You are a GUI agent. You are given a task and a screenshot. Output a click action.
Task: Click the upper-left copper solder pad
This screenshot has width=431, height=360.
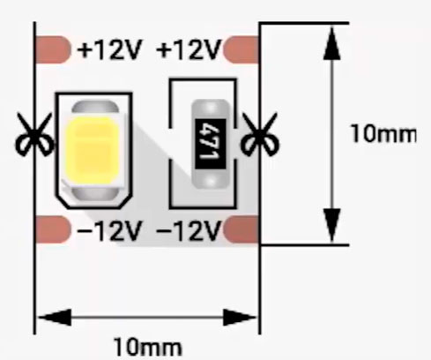click(53, 49)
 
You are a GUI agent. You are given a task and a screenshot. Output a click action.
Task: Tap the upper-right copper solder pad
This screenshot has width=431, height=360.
click(241, 49)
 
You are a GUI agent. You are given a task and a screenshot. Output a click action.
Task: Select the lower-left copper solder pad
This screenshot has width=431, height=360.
click(53, 229)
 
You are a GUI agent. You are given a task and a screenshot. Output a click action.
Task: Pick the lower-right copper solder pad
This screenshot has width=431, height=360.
click(241, 229)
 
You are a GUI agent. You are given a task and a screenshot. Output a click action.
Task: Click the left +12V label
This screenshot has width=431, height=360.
click(109, 50)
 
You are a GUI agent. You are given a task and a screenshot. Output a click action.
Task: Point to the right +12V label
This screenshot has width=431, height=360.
click(189, 50)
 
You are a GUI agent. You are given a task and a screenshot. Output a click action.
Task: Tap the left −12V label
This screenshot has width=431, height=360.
click(109, 230)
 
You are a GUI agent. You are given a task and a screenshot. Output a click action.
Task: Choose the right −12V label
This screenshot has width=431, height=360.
click(189, 230)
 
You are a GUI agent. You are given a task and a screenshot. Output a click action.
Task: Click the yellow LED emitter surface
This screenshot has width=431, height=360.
click(93, 148)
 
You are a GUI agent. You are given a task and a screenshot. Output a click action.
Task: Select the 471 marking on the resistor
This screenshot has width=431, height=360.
click(211, 144)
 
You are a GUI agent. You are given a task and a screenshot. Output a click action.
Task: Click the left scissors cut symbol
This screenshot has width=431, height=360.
click(34, 134)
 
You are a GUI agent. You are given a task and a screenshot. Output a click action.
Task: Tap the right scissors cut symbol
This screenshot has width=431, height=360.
click(260, 134)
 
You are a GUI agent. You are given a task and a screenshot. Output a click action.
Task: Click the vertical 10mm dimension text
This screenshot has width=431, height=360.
click(384, 134)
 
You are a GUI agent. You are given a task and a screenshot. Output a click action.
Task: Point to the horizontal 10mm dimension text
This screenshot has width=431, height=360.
click(148, 347)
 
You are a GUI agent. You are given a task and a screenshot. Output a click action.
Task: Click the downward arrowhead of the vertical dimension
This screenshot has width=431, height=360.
click(332, 225)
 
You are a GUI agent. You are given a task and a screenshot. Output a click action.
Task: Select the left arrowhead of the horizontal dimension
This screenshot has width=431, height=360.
click(55, 318)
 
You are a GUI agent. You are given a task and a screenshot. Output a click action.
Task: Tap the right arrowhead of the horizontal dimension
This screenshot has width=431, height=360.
click(240, 318)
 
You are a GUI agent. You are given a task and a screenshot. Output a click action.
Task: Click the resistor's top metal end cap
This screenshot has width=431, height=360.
click(211, 109)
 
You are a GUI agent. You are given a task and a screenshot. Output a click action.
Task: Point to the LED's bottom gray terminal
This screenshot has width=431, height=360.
click(95, 193)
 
